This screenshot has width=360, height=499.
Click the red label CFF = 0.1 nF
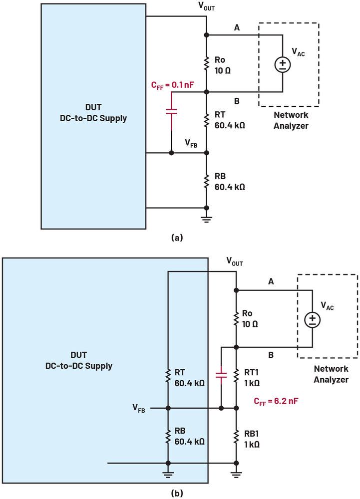pos(172,85)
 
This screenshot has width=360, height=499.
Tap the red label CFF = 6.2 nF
pos(277,401)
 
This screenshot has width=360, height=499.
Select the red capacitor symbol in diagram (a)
pos(171,110)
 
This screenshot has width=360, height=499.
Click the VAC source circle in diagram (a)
pos(283,64)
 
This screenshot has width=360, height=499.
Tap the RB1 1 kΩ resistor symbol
pos(235,438)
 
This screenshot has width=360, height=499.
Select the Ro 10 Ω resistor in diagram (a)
pos(206,63)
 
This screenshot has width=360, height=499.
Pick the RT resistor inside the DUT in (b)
pos(168,378)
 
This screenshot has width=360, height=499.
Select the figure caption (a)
pos(176,238)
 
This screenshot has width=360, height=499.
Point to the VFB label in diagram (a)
pos(191,144)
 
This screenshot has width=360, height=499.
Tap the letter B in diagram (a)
pos(237,101)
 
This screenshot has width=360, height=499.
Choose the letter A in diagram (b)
pos(271,281)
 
